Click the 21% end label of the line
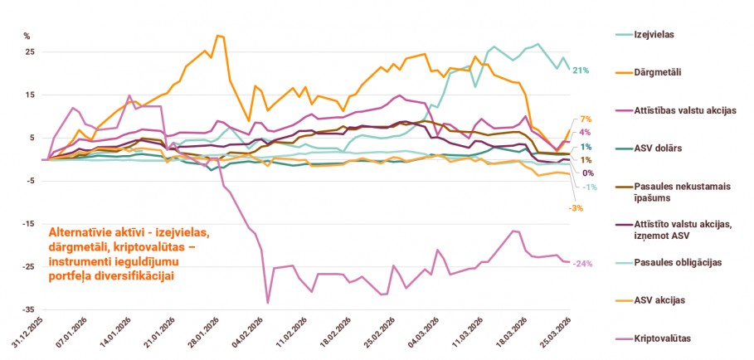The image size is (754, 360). point(580,71)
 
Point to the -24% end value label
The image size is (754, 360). point(582,263)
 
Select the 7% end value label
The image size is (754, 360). point(585,119)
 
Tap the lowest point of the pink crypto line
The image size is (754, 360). point(268,303)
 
